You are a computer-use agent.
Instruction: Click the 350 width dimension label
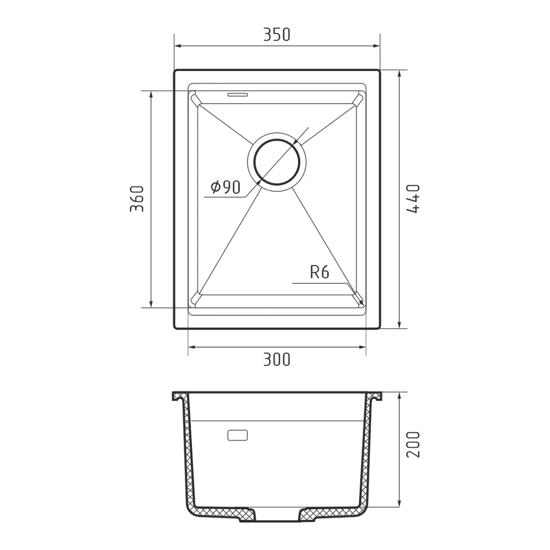[277, 35]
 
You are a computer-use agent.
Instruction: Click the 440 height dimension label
[414, 199]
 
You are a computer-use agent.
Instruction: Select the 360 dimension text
[136, 199]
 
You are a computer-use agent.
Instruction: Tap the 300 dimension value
[277, 360]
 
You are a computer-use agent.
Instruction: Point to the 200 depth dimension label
[414, 444]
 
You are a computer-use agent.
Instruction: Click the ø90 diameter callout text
[225, 188]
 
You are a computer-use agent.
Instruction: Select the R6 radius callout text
[320, 273]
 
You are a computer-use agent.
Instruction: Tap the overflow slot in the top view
[238, 94]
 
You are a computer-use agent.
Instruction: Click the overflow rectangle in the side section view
[237, 435]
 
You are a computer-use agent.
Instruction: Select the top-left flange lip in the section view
[178, 395]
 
